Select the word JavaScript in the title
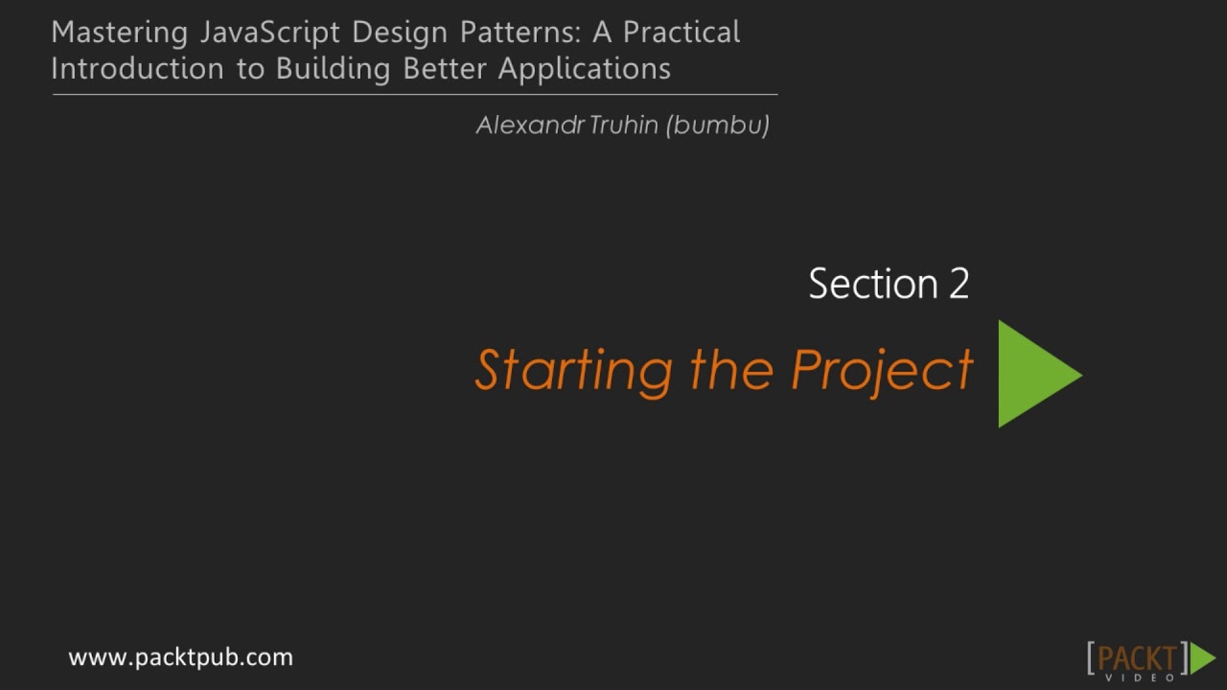pos(271,33)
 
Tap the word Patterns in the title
pos(519,33)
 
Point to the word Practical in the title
pos(682,33)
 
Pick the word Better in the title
pos(445,69)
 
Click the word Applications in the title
pos(584,69)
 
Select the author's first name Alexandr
pos(529,126)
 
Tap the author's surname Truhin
pos(623,126)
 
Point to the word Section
pos(873,285)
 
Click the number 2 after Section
pos(959,285)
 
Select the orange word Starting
pos(573,371)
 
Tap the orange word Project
pos(882,371)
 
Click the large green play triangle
pos(1033,374)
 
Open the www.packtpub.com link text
pos(180,657)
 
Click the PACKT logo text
pos(1137,659)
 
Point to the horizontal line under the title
pos(414,95)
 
